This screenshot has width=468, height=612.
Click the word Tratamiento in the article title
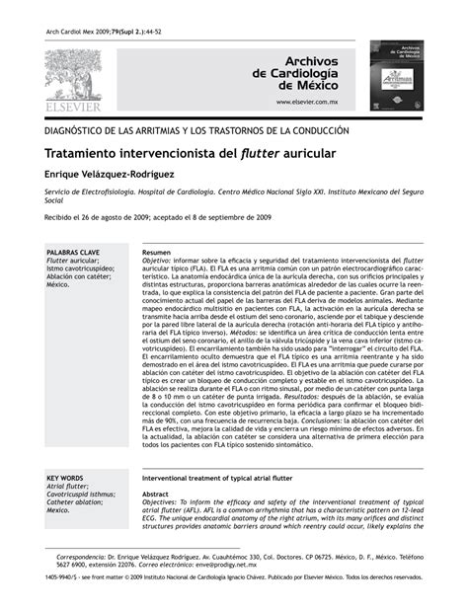tap(91, 155)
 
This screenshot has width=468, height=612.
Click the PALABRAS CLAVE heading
tap(73, 253)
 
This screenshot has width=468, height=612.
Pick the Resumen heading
tap(157, 253)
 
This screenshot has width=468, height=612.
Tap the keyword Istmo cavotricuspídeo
tap(81, 268)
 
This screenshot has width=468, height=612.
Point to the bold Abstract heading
tap(156, 495)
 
